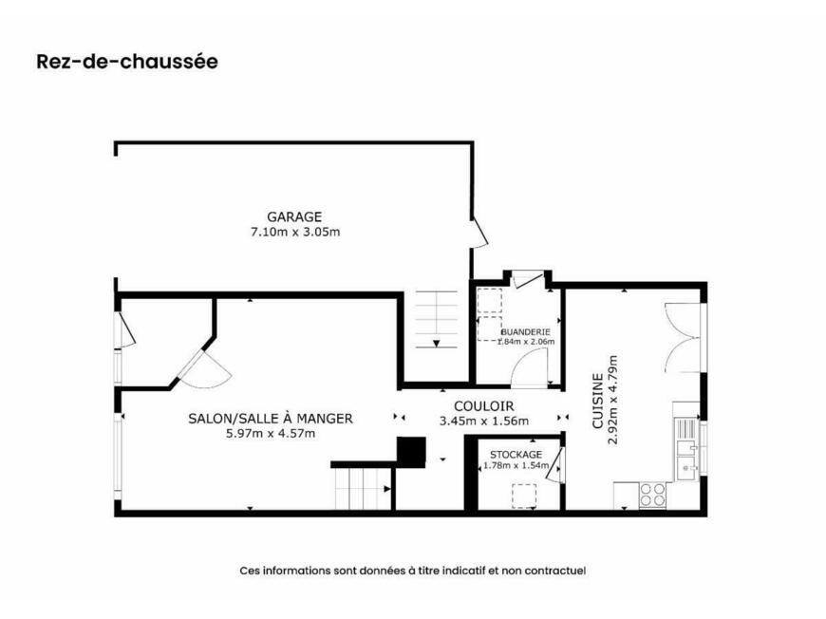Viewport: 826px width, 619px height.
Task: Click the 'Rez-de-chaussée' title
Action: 127,61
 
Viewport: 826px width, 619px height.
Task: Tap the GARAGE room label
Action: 294,216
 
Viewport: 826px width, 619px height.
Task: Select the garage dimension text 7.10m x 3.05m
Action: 295,232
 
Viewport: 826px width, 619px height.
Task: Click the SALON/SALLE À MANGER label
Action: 271,419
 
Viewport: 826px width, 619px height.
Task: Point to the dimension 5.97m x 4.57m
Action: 271,434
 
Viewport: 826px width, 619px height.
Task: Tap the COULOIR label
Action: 483,406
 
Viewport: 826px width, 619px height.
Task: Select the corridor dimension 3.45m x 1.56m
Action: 483,421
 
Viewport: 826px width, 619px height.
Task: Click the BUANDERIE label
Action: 525,332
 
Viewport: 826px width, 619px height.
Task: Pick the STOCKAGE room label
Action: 516,455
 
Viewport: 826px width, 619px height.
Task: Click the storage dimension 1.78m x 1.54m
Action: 516,466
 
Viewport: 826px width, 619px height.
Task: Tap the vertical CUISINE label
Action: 598,401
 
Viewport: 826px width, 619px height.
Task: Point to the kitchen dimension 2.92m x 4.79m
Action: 612,400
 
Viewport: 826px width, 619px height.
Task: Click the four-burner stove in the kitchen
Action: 652,496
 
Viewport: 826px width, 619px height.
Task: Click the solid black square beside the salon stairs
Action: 411,452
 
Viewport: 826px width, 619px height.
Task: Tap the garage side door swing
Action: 480,232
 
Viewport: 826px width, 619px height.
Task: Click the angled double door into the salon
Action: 204,370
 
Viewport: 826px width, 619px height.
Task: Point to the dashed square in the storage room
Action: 524,497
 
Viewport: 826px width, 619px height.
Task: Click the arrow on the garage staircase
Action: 436,344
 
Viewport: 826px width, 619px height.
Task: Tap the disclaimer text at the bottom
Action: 413,571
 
